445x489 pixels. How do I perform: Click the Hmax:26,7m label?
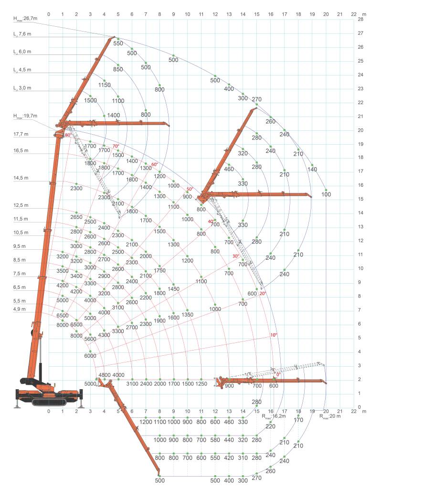click(x=25, y=19)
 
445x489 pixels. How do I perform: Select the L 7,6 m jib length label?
click(x=22, y=34)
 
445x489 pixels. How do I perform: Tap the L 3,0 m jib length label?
click(x=22, y=88)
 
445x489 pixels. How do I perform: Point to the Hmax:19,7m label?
click(x=25, y=116)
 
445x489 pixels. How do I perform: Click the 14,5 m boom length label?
click(x=21, y=178)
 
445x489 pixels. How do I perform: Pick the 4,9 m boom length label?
click(x=19, y=309)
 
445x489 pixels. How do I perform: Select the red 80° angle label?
click(x=68, y=135)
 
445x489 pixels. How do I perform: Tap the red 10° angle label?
click(x=274, y=335)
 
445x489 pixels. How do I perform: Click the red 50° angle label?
click(x=190, y=189)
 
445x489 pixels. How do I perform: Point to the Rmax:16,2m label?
click(x=274, y=416)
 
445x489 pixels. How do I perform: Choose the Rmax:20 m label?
click(x=330, y=416)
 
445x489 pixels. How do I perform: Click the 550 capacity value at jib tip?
click(x=118, y=43)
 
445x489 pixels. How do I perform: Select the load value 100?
click(x=326, y=194)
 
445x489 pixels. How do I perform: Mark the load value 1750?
click(x=159, y=270)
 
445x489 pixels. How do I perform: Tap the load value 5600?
click(x=90, y=339)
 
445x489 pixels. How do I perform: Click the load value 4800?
click(x=105, y=375)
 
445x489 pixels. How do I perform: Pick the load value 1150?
click(x=104, y=85)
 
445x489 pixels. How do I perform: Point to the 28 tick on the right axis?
click(x=360, y=19)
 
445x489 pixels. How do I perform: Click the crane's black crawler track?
click(x=49, y=402)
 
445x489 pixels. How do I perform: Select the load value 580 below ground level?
click(x=215, y=440)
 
